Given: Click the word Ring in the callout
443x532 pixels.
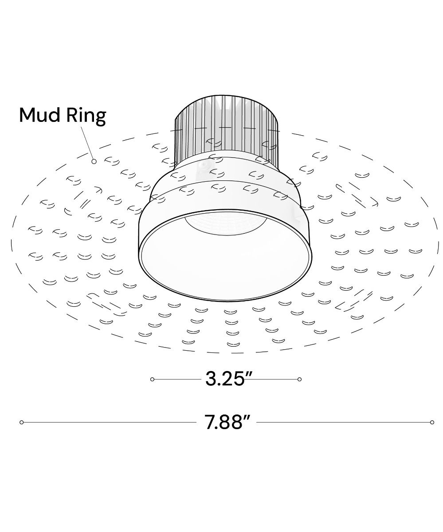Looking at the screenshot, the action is [86, 117].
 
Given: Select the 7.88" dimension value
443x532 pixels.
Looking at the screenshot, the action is [226, 422].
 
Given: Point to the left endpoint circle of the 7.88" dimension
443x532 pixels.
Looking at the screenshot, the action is [22, 422].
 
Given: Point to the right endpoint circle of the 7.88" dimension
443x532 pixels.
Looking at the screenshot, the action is [432, 422].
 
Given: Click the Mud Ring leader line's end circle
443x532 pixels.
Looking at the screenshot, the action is [94, 161].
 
